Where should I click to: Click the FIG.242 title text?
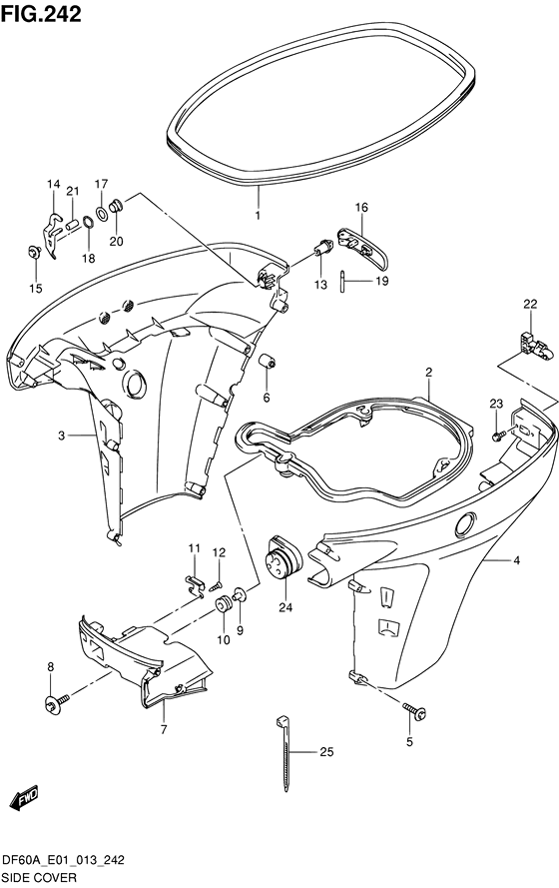[x=41, y=14]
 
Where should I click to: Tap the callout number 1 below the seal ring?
[x=258, y=216]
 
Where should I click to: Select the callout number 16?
[x=361, y=208]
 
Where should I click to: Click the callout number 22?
[x=530, y=304]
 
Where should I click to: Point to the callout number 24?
[x=285, y=607]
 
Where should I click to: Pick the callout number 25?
[x=326, y=752]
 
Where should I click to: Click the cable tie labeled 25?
[x=285, y=752]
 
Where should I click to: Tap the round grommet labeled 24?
[x=283, y=556]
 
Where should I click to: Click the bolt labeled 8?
[x=57, y=703]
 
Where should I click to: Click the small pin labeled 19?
[x=342, y=282]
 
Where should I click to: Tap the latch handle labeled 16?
[x=362, y=248]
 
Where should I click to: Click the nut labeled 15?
[x=33, y=251]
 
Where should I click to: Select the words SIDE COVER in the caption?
[x=40, y=878]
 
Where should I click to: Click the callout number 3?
[x=62, y=435]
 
